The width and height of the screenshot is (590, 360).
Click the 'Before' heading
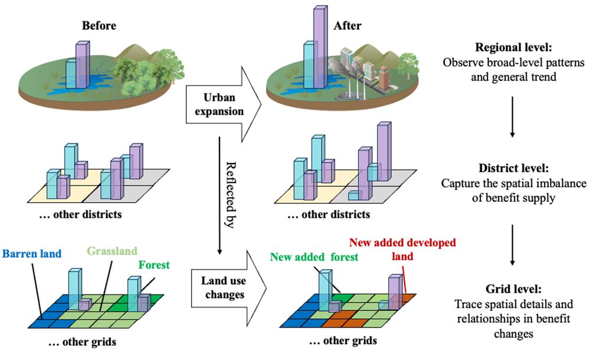[x=99, y=25]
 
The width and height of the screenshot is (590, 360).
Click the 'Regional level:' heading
[x=513, y=49]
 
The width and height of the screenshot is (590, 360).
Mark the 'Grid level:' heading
[x=513, y=290]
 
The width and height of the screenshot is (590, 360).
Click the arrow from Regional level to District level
[x=513, y=117]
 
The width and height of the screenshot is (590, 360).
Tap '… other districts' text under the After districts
[x=329, y=215]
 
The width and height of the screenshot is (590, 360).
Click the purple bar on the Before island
[x=82, y=65]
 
